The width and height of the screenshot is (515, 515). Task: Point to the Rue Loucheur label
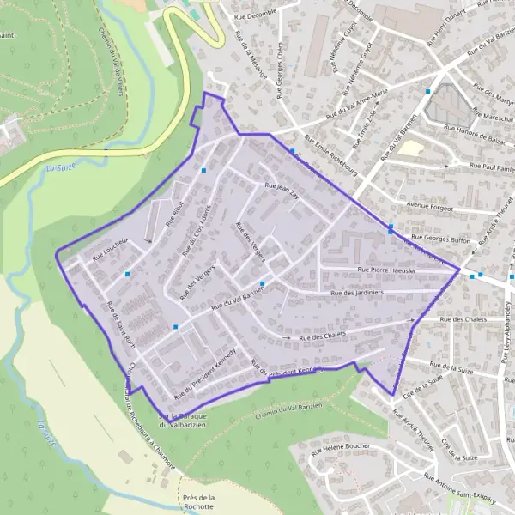point(110,247)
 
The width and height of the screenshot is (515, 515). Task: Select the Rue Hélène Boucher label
point(340,448)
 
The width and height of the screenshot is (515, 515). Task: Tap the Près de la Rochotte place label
point(199,503)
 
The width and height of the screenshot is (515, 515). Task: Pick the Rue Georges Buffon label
point(440,239)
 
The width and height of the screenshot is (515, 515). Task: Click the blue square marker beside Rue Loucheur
point(127,274)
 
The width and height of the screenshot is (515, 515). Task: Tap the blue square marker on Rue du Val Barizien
point(263,284)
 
